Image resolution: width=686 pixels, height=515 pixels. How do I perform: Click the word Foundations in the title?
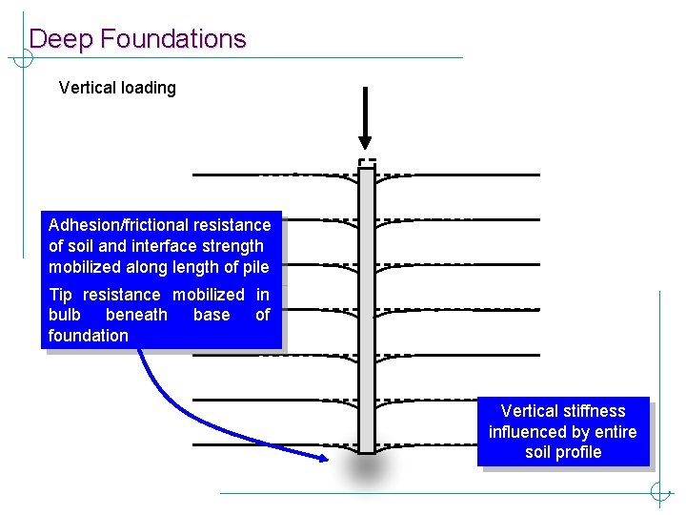click(x=172, y=39)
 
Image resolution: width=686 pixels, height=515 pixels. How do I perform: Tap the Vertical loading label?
click(x=117, y=88)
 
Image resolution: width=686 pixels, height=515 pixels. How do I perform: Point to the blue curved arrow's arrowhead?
click(x=321, y=459)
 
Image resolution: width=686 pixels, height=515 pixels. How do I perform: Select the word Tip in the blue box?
click(x=60, y=295)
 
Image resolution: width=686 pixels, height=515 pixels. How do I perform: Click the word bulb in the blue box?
click(x=65, y=315)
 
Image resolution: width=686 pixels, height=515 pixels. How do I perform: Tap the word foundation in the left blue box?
click(x=88, y=336)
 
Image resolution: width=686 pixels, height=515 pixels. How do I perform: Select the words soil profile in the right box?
click(x=563, y=452)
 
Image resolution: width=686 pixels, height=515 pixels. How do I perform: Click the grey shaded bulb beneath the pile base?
click(x=366, y=469)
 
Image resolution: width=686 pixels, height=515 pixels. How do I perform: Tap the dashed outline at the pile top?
click(x=367, y=161)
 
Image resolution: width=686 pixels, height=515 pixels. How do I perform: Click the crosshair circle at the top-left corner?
click(x=22, y=57)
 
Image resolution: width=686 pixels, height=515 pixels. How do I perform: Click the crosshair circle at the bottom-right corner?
click(x=660, y=493)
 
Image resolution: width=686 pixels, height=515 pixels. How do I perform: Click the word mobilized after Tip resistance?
click(x=208, y=295)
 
